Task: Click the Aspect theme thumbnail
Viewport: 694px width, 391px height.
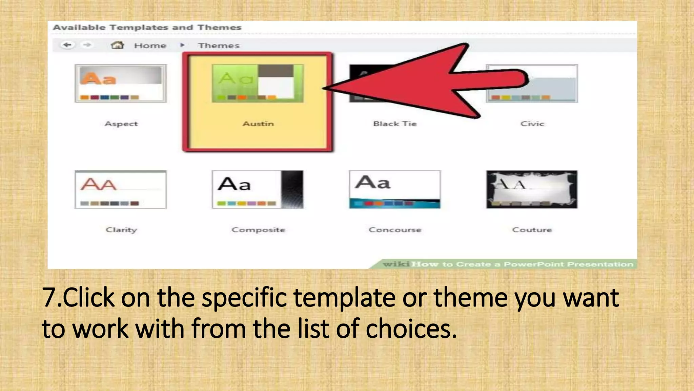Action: click(121, 83)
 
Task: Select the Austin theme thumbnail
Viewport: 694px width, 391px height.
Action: click(258, 83)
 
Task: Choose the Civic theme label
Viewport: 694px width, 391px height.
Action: click(532, 124)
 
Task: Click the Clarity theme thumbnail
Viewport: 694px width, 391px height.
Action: click(121, 189)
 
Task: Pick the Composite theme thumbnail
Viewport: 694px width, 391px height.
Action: click(258, 189)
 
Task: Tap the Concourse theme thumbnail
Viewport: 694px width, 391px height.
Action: click(394, 189)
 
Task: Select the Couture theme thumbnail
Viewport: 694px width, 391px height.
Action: click(532, 189)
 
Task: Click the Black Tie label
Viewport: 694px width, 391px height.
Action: click(395, 124)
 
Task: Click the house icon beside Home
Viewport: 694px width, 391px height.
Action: click(117, 45)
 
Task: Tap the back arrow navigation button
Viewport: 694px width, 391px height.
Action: click(68, 45)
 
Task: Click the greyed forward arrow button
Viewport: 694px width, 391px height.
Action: click(87, 45)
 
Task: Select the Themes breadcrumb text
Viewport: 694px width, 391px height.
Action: click(219, 45)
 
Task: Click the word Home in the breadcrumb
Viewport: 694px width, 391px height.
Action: click(150, 45)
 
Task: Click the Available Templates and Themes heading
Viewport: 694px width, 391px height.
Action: click(147, 27)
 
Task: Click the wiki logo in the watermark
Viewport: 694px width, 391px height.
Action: click(396, 264)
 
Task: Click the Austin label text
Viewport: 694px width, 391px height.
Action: click(258, 124)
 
